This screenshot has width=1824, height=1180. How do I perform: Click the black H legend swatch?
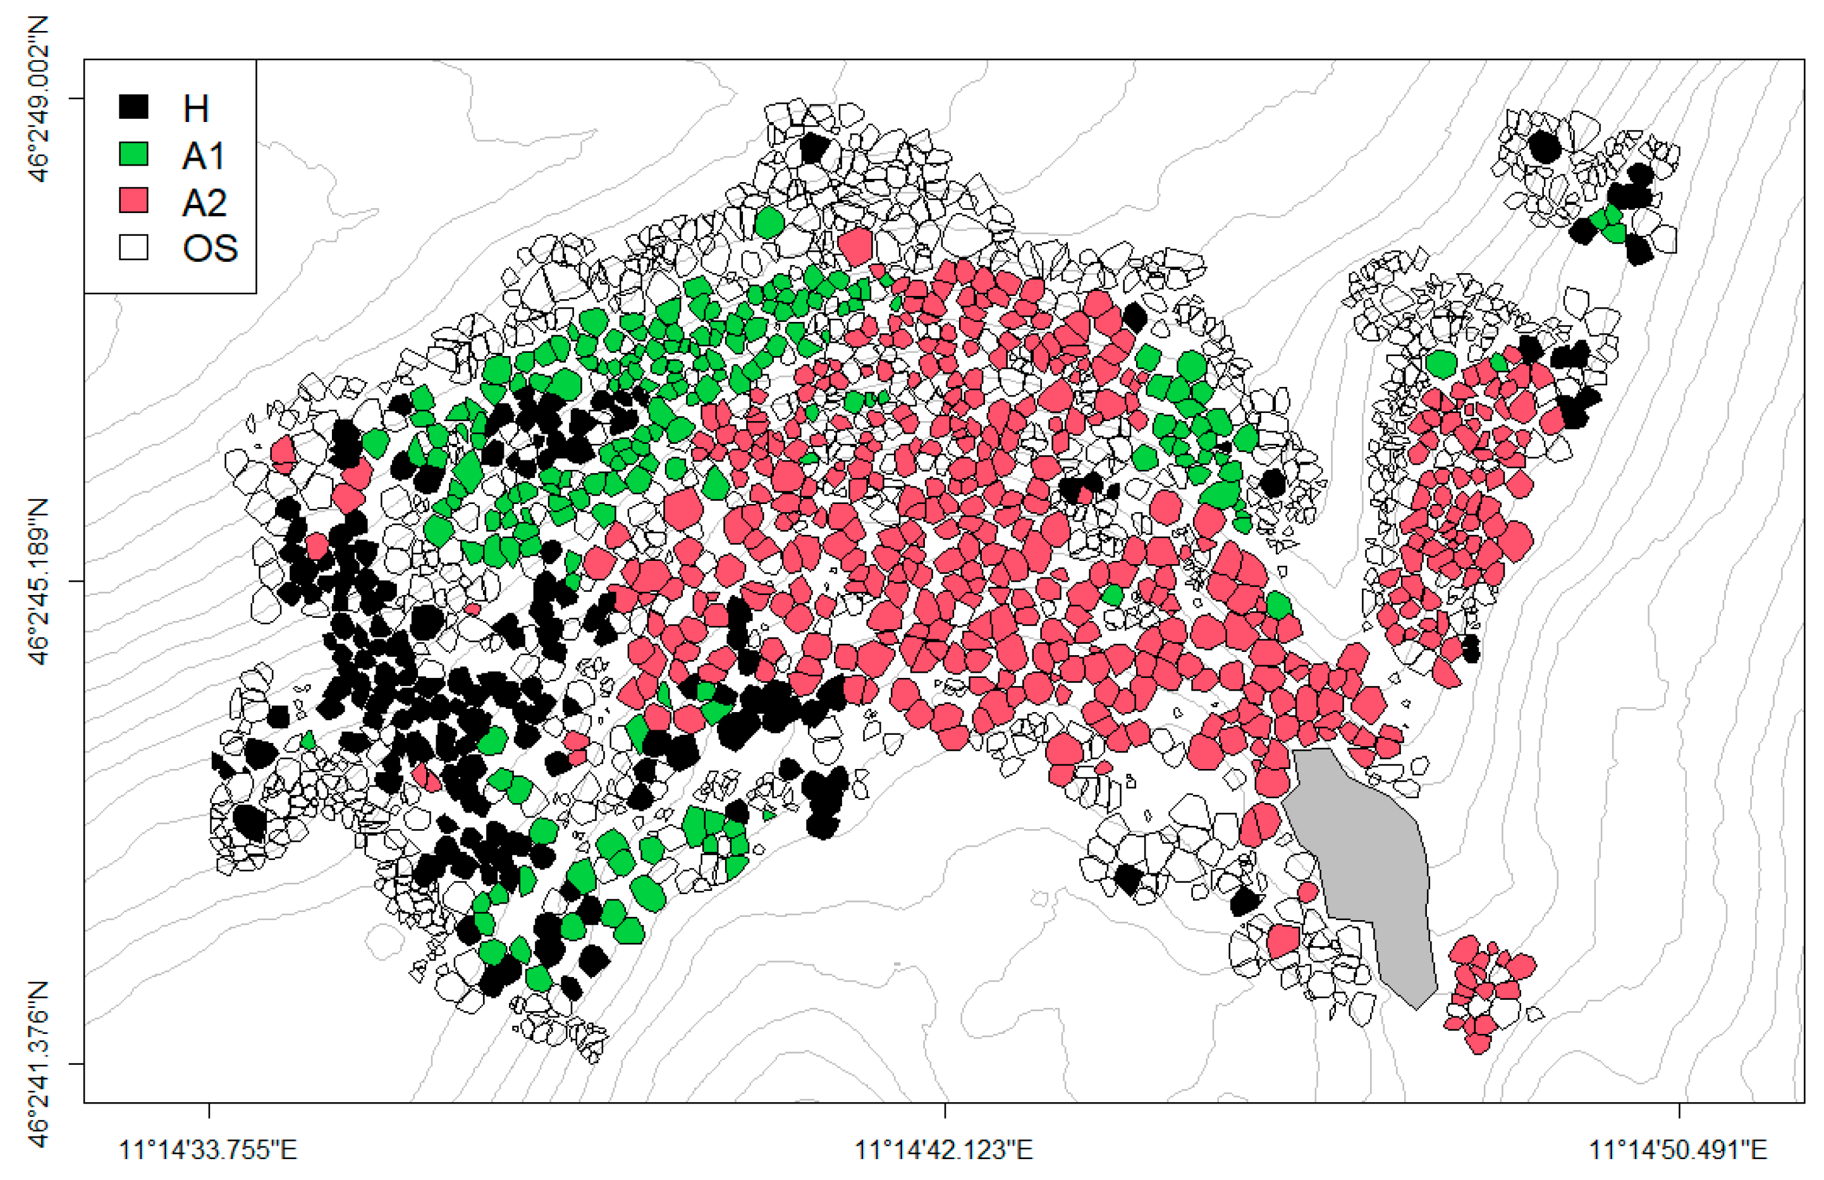tap(133, 106)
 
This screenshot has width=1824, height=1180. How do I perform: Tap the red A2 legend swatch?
tap(133, 200)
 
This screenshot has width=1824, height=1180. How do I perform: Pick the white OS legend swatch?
tap(133, 247)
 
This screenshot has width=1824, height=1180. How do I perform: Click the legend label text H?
tap(195, 109)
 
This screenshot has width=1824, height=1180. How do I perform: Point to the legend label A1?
tap(204, 156)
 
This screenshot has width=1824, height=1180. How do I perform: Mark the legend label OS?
tap(210, 249)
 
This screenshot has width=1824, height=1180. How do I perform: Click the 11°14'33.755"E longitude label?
tap(209, 1150)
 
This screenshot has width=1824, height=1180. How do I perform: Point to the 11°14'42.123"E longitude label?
tap(944, 1150)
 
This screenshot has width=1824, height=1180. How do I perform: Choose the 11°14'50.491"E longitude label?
tap(1679, 1150)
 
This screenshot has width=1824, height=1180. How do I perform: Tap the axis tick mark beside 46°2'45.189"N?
tap(77, 581)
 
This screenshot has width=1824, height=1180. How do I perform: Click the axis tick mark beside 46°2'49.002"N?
tap(77, 98)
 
